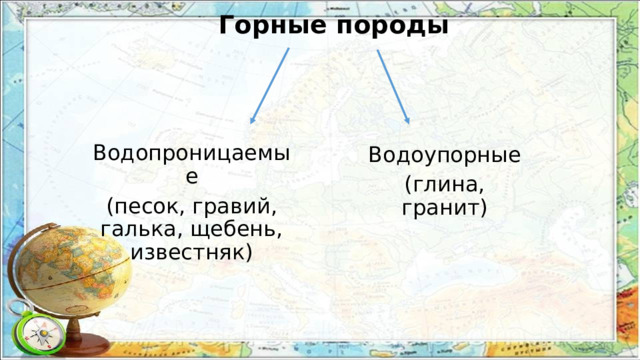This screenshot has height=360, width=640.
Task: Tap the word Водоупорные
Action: tap(444, 157)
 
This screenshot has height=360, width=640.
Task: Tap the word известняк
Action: tap(186, 251)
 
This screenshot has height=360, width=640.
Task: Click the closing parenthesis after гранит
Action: tap(483, 208)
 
